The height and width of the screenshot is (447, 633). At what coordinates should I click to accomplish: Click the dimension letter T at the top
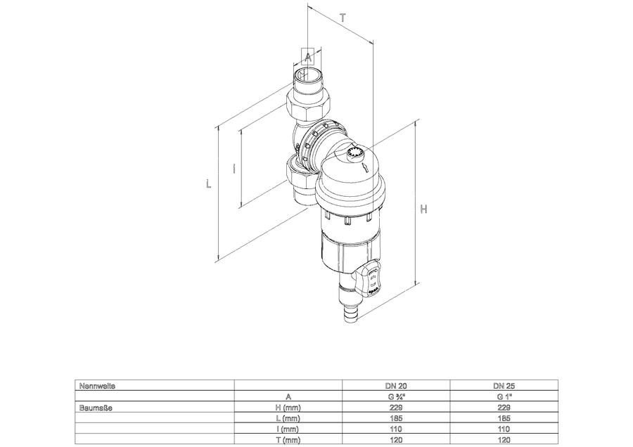(343, 18)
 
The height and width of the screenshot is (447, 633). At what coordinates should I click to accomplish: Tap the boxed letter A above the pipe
(308, 58)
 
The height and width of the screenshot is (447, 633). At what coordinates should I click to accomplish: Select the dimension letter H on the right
(423, 209)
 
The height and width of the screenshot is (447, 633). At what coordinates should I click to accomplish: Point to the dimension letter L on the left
(208, 184)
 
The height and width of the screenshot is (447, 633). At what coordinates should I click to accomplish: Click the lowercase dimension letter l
(234, 168)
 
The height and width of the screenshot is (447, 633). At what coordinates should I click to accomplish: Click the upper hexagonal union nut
(309, 105)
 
